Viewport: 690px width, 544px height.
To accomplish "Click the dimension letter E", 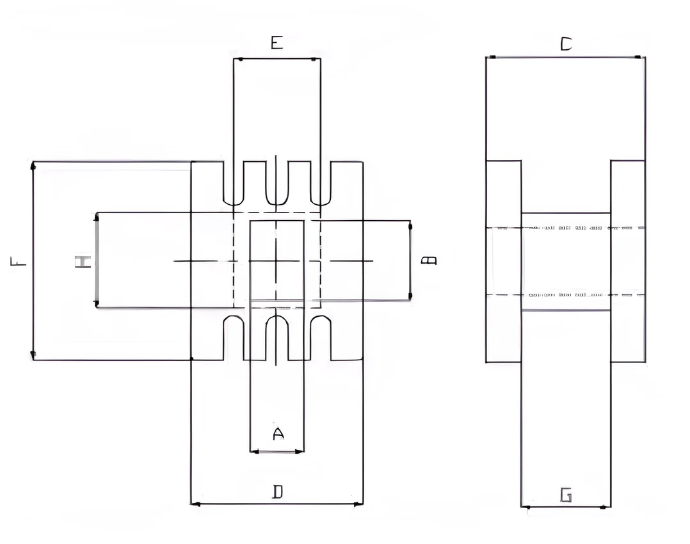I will click(x=277, y=43).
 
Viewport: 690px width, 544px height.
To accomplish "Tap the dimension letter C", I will click(x=566, y=44).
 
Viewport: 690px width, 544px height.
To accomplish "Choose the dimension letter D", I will click(x=278, y=492).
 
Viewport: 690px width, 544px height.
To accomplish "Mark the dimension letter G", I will click(x=566, y=495).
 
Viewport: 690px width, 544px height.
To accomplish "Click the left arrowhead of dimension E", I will click(x=236, y=60).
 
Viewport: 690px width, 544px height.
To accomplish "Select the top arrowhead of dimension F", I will click(x=33, y=165).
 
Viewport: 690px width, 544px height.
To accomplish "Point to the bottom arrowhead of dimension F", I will click(x=33, y=356).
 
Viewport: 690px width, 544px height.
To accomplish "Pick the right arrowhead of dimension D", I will click(x=359, y=504).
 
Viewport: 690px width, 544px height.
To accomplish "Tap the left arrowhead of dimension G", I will click(x=524, y=508).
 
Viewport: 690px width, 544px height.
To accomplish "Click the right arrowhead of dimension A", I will click(x=301, y=452).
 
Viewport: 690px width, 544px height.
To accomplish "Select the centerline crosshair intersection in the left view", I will click(x=276, y=261).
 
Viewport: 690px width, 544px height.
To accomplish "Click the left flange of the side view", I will click(x=504, y=261).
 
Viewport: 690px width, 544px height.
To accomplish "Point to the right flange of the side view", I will click(x=627, y=261).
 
